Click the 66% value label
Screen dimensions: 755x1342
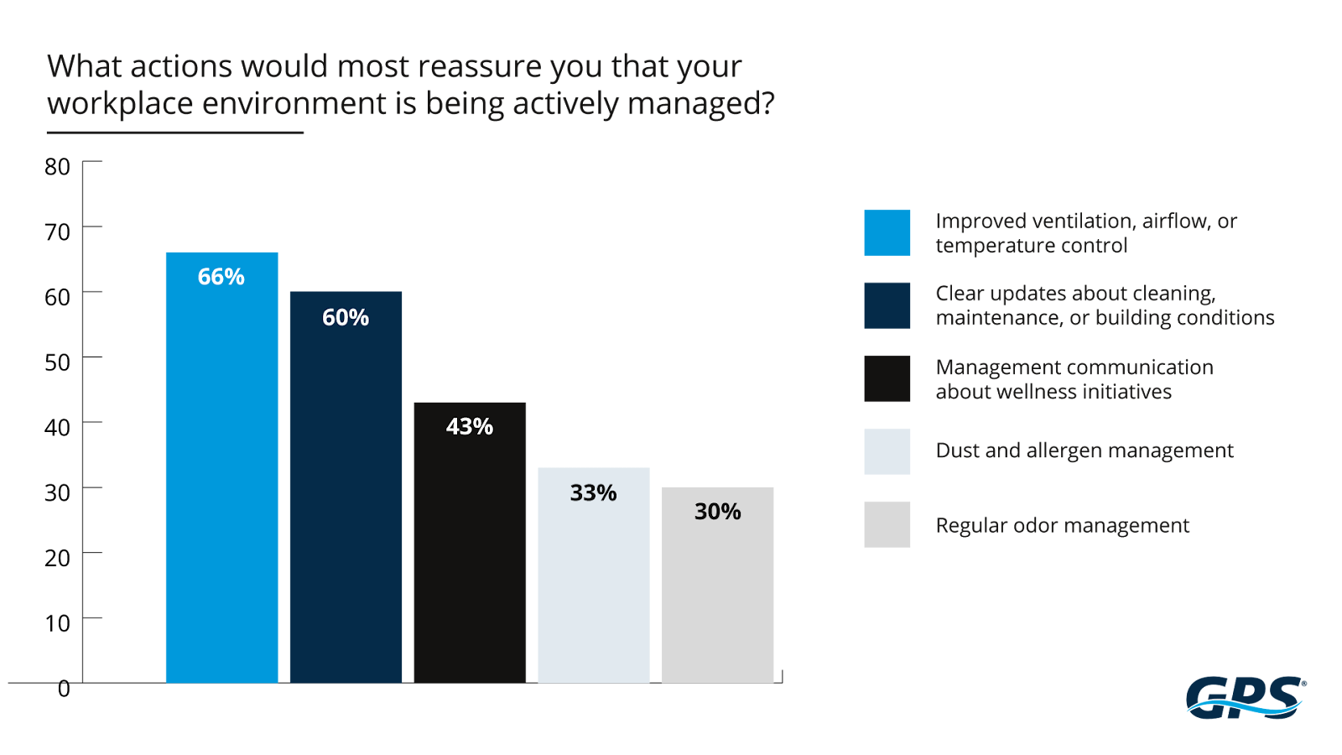(221, 277)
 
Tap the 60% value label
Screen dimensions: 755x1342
(346, 318)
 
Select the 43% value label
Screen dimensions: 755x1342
(470, 427)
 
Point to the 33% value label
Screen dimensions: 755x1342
(593, 493)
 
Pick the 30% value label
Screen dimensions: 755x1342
(717, 512)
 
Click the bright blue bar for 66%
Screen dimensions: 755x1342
(221, 487)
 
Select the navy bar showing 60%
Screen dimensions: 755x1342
(346, 503)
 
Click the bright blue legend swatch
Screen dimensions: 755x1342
(887, 232)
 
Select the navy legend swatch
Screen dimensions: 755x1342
(887, 305)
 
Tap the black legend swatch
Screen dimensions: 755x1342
(887, 379)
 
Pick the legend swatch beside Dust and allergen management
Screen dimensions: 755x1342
(887, 451)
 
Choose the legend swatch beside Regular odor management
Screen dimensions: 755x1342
(887, 525)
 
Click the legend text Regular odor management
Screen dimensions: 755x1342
(1062, 526)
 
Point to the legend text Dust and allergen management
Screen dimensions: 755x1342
(1084, 451)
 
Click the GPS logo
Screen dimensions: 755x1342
(1246, 697)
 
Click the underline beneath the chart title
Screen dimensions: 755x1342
(174, 133)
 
